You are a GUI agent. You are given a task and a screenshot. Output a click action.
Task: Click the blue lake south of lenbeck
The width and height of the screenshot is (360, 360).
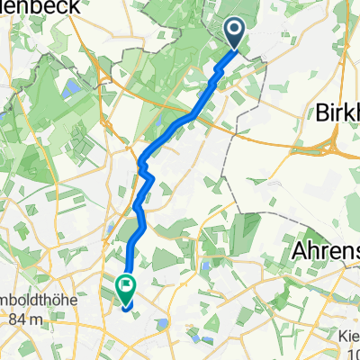pos(67,88)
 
